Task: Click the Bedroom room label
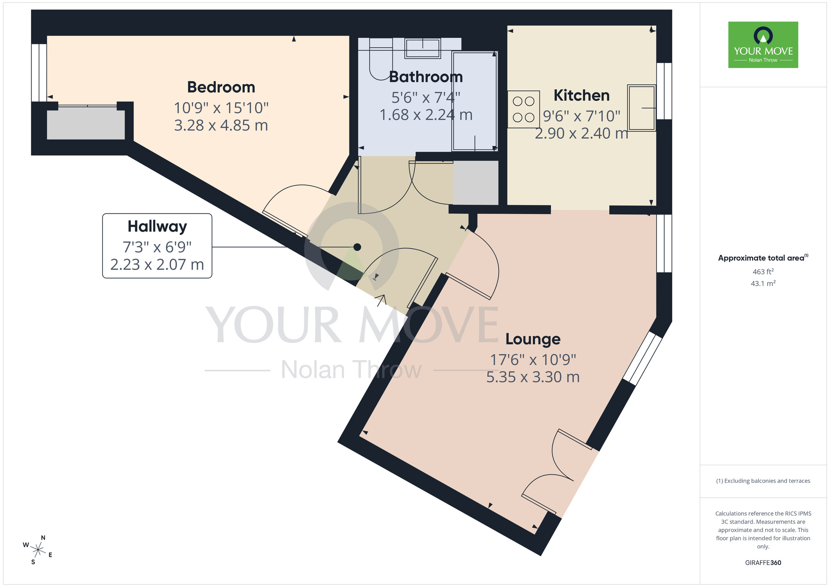221,87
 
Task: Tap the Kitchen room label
581,95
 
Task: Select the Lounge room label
533,339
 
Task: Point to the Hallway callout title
157,227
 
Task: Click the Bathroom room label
426,77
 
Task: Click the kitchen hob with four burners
523,109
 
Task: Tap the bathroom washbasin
422,49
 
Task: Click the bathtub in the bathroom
475,101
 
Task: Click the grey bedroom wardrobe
86,124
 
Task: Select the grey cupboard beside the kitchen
476,183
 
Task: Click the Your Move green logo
763,45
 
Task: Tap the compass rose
38,550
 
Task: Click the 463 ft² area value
763,272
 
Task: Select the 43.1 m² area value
763,284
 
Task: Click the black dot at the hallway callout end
357,247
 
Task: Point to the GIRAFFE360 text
763,563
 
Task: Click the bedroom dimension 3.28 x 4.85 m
221,125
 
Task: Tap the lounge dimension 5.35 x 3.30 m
533,377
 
